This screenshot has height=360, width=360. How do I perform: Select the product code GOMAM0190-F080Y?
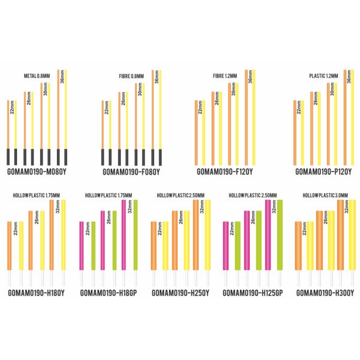pyautogui.click(x=131, y=171)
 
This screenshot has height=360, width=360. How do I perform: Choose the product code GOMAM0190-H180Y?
pyautogui.click(x=37, y=293)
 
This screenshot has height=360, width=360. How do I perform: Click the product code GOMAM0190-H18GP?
pyautogui.click(x=109, y=293)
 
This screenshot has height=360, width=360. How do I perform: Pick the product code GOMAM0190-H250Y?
pyautogui.click(x=181, y=293)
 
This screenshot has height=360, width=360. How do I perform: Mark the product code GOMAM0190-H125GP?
pyautogui.click(x=253, y=293)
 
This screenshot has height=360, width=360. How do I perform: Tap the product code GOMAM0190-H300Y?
pyautogui.click(x=326, y=293)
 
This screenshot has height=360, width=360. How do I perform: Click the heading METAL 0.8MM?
pyautogui.click(x=37, y=76)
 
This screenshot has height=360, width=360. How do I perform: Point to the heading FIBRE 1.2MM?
pyautogui.click(x=225, y=76)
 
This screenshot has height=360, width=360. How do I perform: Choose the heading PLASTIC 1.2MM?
pyautogui.click(x=323, y=76)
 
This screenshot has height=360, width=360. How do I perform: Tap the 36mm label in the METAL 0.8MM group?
pyautogui.click(x=62, y=79)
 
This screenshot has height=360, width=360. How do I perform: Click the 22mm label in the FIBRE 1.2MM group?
pyautogui.click(x=200, y=109)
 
